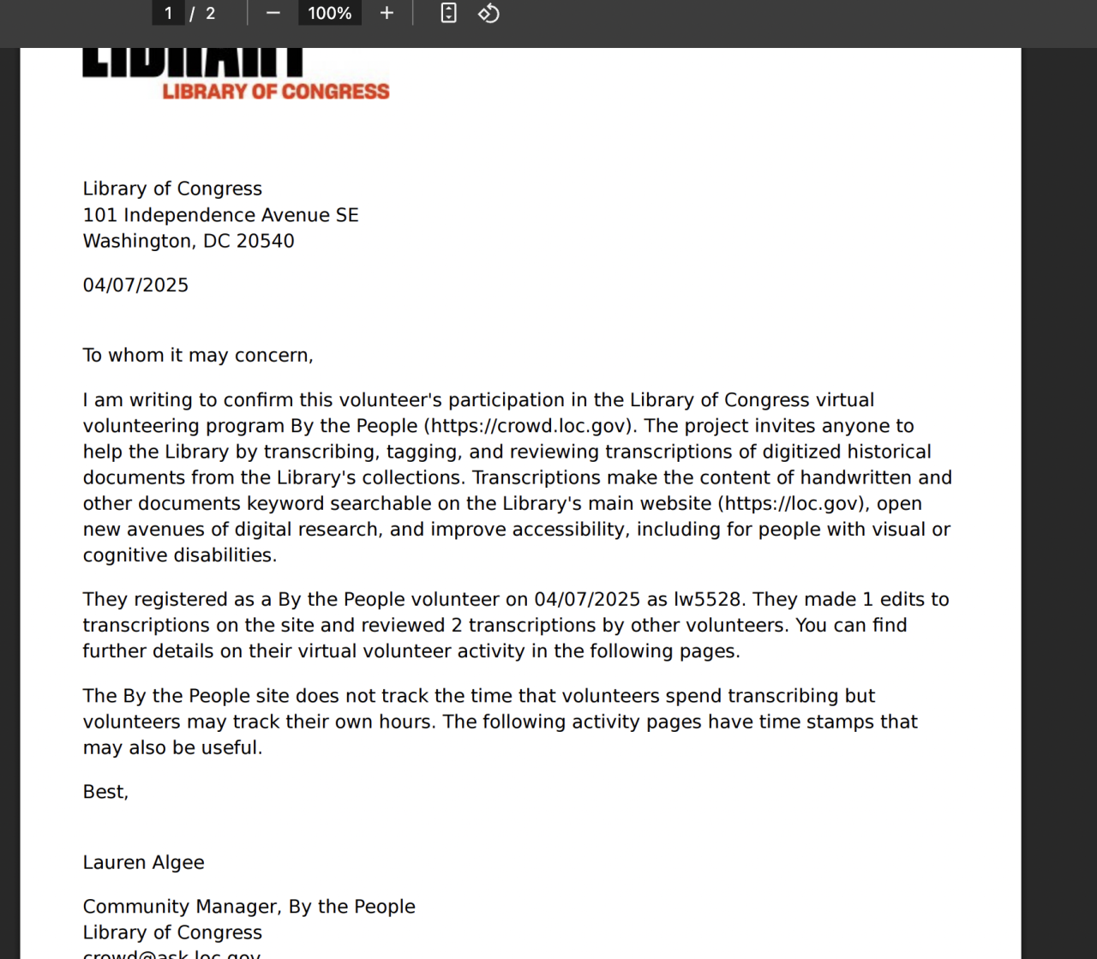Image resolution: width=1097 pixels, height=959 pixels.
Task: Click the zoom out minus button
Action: [x=273, y=13]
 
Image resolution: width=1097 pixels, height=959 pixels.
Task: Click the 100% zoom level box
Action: [x=330, y=13]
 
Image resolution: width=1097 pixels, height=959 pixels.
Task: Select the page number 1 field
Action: [x=169, y=13]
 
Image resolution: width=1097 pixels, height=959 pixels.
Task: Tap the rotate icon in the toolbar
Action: [x=489, y=13]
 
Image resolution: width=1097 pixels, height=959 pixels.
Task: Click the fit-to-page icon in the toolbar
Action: [x=448, y=13]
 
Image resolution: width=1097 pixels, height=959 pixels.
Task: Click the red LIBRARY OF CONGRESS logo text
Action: [x=276, y=92]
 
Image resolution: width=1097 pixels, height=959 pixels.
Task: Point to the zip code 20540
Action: [x=266, y=241]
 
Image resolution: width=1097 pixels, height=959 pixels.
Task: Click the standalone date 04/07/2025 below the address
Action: [x=135, y=285]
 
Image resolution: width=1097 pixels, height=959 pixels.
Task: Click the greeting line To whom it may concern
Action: [x=198, y=356]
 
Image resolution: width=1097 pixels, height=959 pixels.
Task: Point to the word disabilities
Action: [x=225, y=555]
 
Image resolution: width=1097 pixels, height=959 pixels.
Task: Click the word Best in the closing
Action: [x=104, y=792]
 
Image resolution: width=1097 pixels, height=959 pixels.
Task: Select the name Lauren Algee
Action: [x=143, y=862]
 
